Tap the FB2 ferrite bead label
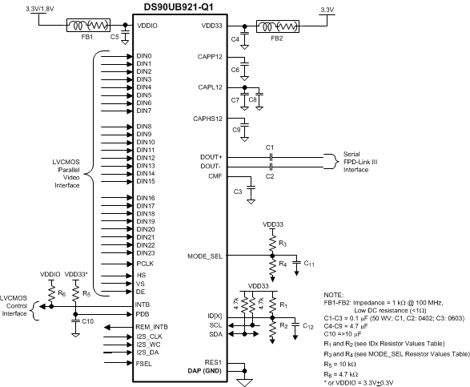coord(275,38)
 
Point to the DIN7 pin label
coord(144,111)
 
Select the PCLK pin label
coord(146,262)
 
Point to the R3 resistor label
coord(281,242)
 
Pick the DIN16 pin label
coord(146,198)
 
